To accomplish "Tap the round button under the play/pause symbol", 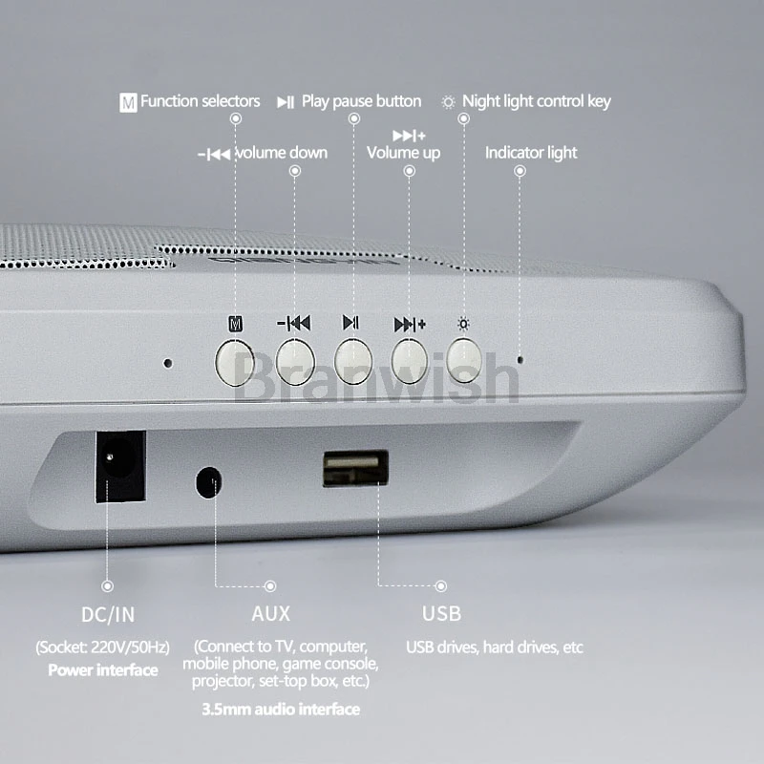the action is pos(353,362).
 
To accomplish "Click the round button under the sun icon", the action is pos(464,361).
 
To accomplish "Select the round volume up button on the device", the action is pos(410,362).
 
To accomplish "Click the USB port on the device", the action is pos(355,468).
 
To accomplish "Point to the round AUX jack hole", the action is pos(208,482).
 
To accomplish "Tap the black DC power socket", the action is pos(120,466).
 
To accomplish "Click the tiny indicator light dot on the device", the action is pos(520,360).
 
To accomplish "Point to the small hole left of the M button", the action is pos(168,363).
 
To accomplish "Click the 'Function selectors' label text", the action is pos(201,101).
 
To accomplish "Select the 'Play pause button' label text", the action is pos(362,101).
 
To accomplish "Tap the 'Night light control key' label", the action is pos(537,101).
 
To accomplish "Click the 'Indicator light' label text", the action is pos(531,153).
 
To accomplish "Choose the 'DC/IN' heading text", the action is pos(108,615).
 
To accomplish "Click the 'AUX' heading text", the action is pos(271,613).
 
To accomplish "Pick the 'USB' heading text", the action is pos(441,613).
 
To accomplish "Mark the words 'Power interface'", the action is pos(103,670).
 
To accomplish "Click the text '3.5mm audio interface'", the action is pos(281,709).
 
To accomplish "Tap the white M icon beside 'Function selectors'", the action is pos(128,102).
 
